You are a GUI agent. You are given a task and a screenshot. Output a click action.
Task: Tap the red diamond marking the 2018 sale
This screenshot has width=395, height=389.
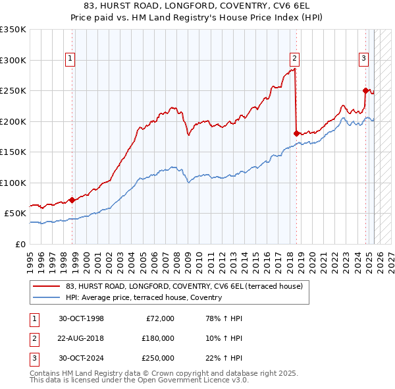click(x=296, y=133)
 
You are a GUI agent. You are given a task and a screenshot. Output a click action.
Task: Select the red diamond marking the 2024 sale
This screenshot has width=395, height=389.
click(x=365, y=90)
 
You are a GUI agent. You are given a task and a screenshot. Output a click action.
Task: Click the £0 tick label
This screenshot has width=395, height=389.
click(x=20, y=244)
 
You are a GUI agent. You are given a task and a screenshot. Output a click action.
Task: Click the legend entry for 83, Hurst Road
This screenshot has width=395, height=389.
click(x=184, y=286)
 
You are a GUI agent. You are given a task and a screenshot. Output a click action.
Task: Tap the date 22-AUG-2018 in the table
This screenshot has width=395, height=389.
click(x=82, y=338)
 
